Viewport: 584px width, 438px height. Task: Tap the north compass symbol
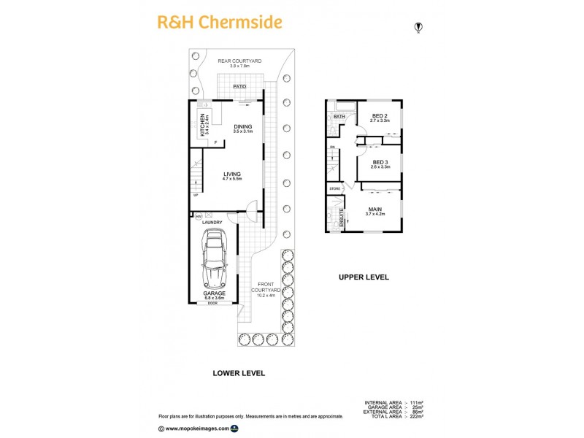click(418, 28)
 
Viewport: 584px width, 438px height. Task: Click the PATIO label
click(239, 87)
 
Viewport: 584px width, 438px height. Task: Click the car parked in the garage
click(214, 258)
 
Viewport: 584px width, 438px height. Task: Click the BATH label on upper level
click(339, 117)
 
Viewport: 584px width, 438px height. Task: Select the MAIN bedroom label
click(374, 210)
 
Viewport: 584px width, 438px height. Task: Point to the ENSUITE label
click(341, 220)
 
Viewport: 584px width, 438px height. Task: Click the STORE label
click(335, 189)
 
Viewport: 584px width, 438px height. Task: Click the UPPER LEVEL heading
click(363, 277)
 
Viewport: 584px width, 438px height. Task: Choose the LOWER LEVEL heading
click(238, 373)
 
